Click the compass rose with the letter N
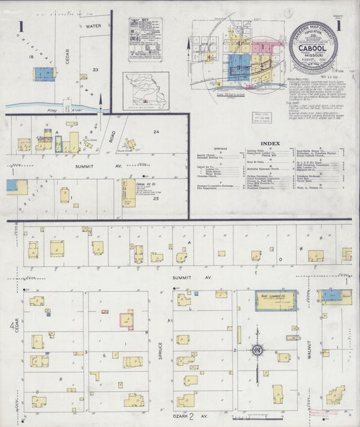coord(257,349)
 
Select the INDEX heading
coord(269,143)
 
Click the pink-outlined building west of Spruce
coord(126,320)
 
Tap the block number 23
coord(96,70)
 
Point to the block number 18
coord(31,57)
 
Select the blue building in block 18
coord(44,74)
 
